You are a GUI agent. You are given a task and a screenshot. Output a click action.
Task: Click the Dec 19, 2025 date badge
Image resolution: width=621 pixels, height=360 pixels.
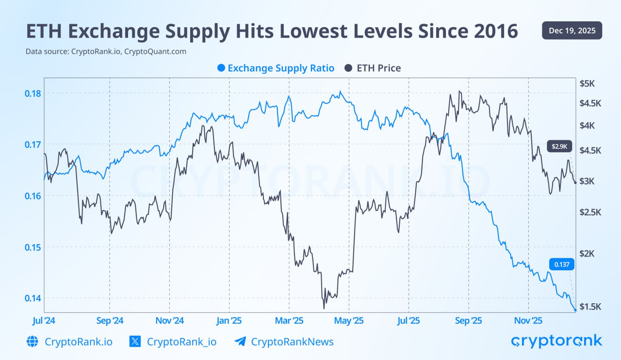(572, 31)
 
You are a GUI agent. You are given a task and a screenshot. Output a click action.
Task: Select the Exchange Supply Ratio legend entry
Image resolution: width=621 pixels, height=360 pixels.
(276, 68)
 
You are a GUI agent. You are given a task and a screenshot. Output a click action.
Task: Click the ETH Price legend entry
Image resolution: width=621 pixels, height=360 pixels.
(373, 68)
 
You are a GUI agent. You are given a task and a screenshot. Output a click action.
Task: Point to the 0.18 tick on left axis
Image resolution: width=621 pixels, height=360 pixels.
(33, 93)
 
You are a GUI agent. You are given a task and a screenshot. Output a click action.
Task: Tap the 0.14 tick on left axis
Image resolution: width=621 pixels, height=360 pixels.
(33, 298)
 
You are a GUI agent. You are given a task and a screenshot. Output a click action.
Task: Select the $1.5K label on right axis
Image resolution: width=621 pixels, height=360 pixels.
(590, 306)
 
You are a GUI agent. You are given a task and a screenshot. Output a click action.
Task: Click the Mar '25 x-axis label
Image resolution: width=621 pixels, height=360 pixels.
(289, 321)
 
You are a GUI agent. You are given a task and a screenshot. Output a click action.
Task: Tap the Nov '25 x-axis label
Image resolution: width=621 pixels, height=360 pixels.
(528, 321)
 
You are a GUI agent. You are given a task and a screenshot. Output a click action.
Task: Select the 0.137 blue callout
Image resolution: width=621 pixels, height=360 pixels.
(562, 264)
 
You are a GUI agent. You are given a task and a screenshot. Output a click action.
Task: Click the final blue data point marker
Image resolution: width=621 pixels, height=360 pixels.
(575, 310)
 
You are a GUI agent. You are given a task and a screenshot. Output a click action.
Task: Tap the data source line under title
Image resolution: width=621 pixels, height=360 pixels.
(106, 51)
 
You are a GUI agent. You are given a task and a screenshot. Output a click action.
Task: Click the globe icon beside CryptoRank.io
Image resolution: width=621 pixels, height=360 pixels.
(33, 342)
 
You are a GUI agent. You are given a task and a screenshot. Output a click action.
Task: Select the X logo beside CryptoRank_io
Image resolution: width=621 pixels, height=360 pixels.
(135, 342)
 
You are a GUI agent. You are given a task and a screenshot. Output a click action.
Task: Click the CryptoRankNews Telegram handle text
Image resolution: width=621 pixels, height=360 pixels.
(292, 342)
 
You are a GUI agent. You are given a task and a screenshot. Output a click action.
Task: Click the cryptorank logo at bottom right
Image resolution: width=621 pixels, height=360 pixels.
(556, 341)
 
